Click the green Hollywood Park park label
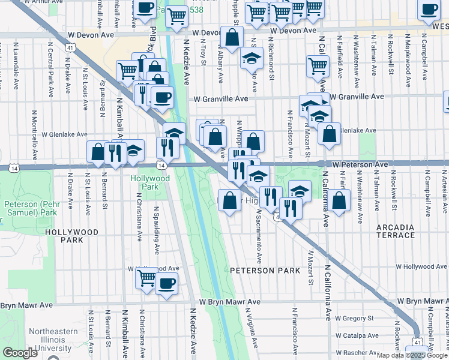click(149, 183)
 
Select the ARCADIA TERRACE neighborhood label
click(396, 232)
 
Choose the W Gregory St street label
click(354, 318)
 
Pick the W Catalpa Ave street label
click(356, 335)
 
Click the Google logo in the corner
click(20, 353)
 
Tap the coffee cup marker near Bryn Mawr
click(166, 284)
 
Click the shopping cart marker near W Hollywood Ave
click(146, 278)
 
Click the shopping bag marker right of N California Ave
click(339, 201)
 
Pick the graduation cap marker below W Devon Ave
click(252, 58)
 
